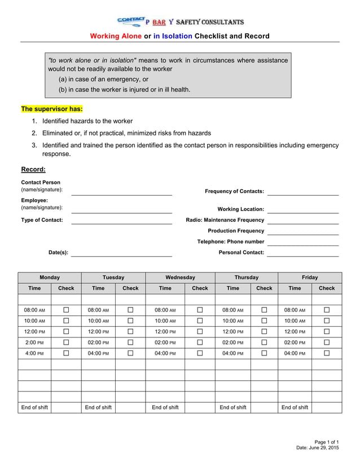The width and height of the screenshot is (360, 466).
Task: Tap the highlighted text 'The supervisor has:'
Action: [52, 108]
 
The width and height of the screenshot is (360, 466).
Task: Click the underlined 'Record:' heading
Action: [33, 169]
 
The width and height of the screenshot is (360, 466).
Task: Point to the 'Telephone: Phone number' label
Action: [230, 241]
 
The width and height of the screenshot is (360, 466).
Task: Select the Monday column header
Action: [50, 278]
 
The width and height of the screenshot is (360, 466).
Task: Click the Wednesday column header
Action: [180, 278]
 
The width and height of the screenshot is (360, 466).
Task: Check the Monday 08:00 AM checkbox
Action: [66, 310]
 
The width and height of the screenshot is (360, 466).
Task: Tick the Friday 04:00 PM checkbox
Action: [327, 353]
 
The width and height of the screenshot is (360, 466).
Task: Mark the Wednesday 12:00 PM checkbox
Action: [200, 332]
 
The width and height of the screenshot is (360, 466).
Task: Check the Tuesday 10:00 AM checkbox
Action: [130, 321]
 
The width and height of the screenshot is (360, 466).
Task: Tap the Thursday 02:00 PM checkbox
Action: [264, 342]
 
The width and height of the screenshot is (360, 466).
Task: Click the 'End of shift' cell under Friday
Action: [295, 407]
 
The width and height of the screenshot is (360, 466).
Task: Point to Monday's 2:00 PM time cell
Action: [34, 342]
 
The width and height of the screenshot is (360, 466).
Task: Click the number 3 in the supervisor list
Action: [34, 145]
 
